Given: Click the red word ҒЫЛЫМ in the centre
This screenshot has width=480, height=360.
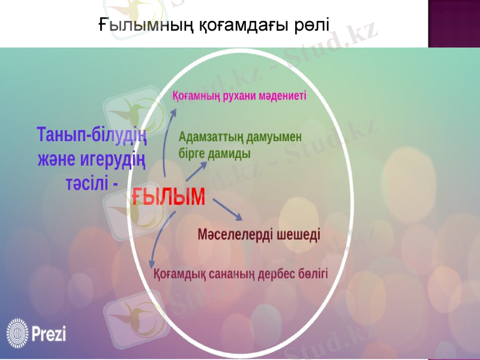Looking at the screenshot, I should [169, 196].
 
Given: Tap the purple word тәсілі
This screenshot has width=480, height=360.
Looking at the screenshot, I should [87, 182].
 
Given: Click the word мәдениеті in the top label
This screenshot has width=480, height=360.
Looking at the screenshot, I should [280, 95].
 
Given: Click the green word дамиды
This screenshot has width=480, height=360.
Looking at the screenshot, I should [229, 153].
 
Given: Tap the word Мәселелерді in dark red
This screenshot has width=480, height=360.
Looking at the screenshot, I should [236, 234].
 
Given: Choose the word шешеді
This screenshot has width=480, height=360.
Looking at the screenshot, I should [299, 234].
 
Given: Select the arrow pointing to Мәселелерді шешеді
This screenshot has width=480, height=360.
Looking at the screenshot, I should [227, 209].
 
